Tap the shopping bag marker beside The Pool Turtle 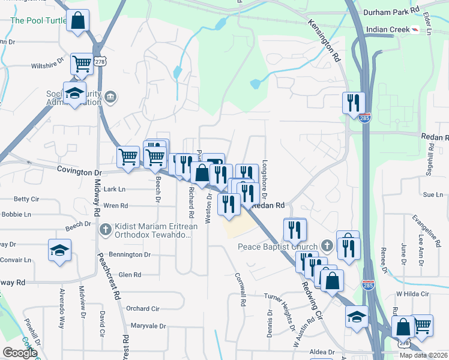pos(78,21)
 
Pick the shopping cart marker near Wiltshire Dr pos(82,64)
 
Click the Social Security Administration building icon pos(110,97)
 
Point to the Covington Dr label pos(80,170)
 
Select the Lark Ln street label pos(114,188)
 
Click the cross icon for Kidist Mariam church pos(106,229)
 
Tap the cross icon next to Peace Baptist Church pos(327,245)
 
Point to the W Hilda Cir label pos(413,294)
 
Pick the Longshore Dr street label pos(264,181)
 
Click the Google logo pos(20,353)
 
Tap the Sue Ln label pos(432,194)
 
